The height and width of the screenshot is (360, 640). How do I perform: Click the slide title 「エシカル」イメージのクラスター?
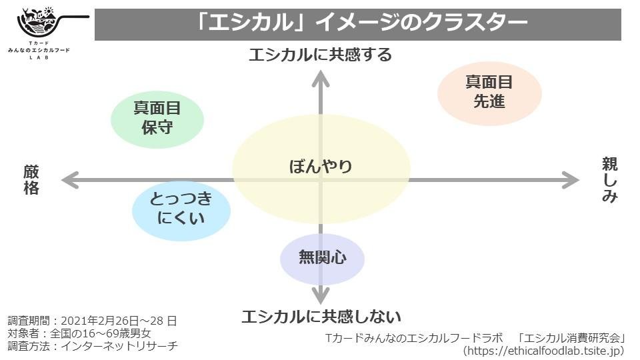click(x=358, y=24)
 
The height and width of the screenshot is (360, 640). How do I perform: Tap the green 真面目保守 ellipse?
click(x=157, y=117)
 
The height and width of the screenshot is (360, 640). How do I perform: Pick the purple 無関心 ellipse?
click(x=322, y=258)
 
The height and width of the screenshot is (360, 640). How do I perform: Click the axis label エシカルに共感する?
click(x=320, y=55)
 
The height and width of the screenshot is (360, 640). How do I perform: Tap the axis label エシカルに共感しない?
click(x=321, y=315)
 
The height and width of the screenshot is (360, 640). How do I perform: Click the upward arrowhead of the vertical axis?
click(x=321, y=79)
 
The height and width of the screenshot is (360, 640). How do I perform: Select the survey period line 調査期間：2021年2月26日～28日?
click(x=93, y=321)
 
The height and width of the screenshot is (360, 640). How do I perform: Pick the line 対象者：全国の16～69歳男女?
click(x=79, y=333)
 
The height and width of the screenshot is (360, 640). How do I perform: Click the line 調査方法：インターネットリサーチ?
click(x=93, y=346)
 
